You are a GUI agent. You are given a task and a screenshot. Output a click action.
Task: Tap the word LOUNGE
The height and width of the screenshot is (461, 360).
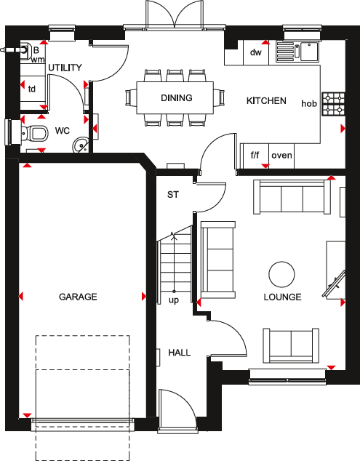[x=283, y=297]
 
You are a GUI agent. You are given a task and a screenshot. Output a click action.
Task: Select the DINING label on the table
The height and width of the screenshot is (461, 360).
[x=177, y=98]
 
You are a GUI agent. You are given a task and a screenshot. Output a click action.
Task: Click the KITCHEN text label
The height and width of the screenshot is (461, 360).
[x=266, y=101]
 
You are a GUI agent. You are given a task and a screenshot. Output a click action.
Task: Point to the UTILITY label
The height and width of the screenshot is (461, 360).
[x=65, y=68]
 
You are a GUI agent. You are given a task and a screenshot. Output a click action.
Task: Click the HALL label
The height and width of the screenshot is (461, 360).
[x=179, y=353]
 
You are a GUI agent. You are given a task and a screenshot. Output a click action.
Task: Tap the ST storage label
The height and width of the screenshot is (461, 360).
[x=173, y=195]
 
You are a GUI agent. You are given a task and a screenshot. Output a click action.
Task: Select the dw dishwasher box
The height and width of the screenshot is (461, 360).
[x=255, y=52]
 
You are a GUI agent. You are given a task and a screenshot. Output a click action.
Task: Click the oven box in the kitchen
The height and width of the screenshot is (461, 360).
[x=281, y=155]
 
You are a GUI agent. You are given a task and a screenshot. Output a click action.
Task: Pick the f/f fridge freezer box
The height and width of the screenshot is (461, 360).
[x=255, y=155]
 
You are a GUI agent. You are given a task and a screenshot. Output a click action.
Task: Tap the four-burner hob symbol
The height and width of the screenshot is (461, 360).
[x=335, y=104]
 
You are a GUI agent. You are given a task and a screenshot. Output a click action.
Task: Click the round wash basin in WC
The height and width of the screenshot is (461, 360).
[x=80, y=145]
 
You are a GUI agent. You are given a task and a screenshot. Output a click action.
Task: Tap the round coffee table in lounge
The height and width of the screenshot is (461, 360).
[x=281, y=274]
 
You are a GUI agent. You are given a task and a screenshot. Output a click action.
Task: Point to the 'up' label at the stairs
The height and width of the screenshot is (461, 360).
[x=174, y=300]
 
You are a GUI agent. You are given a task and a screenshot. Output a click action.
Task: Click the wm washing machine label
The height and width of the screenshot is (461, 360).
[x=37, y=60]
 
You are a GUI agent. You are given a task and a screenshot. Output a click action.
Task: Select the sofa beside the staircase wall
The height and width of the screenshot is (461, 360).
[x=217, y=259]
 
